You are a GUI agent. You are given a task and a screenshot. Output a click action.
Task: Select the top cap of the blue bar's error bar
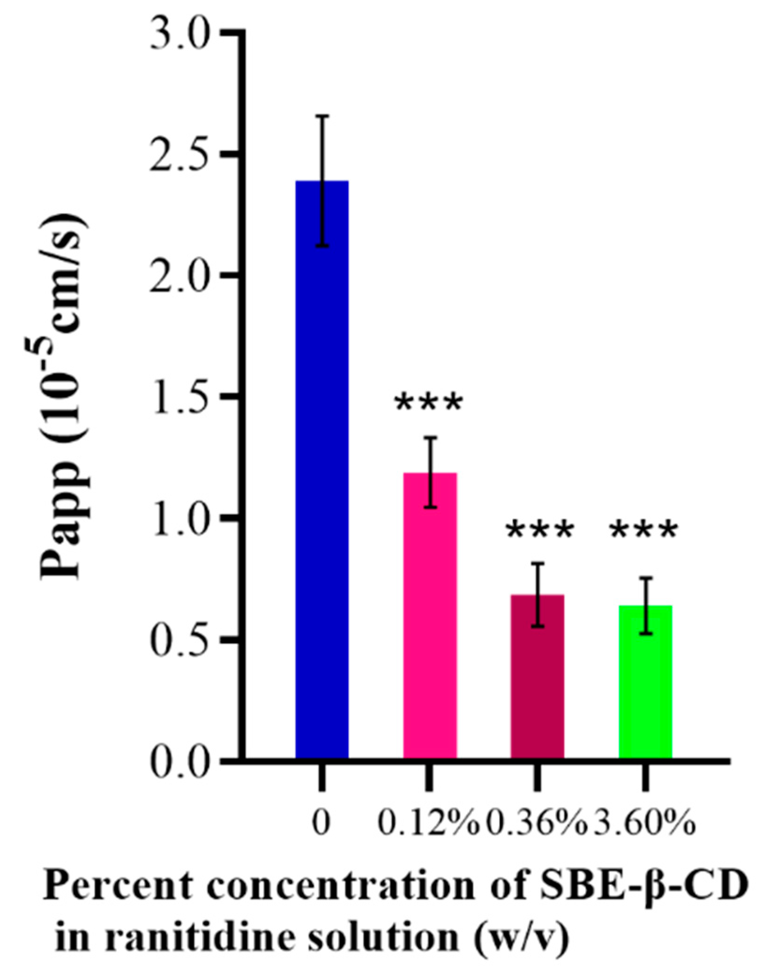click(322, 115)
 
